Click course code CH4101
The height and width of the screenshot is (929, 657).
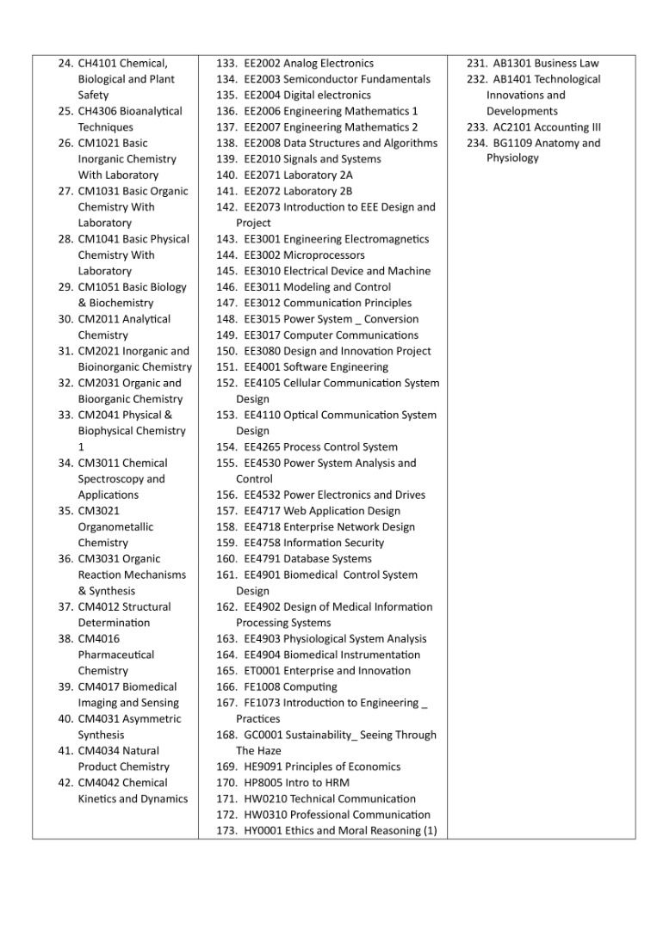(x=97, y=64)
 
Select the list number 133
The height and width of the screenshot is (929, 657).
(x=226, y=64)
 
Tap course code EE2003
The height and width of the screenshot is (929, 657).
(x=262, y=79)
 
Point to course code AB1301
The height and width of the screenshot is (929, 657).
(x=511, y=64)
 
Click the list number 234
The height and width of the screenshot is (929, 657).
(x=477, y=144)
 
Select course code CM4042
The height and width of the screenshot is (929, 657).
(x=98, y=783)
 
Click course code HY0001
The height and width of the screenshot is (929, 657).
(x=263, y=831)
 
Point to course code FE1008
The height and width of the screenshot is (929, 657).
(x=262, y=687)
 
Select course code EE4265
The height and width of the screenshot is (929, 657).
(x=262, y=447)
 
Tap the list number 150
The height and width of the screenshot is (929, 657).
(x=226, y=351)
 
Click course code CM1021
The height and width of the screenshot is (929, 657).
(x=98, y=144)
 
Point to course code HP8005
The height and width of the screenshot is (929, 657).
(x=263, y=783)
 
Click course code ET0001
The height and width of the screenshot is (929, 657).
(x=262, y=671)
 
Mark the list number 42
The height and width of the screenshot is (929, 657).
(x=65, y=783)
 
